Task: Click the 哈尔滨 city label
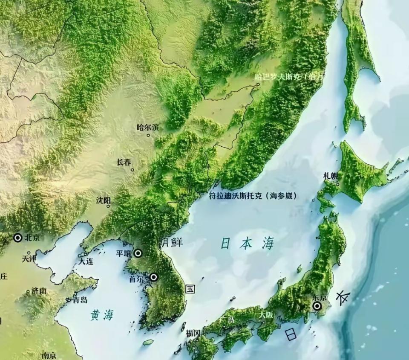(x=148, y=127)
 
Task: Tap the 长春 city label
(x=124, y=162)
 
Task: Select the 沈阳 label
(x=104, y=200)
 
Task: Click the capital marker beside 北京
(x=18, y=238)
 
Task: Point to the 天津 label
(x=29, y=258)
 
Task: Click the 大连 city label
(x=86, y=261)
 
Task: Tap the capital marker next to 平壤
(x=138, y=253)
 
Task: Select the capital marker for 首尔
(x=153, y=277)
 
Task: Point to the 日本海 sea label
(x=247, y=244)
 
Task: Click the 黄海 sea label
(x=102, y=315)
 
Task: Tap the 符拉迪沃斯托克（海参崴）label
(x=253, y=196)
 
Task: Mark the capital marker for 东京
(x=317, y=306)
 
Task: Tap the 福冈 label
(x=193, y=333)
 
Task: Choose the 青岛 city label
(x=80, y=300)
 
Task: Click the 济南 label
(x=39, y=291)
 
